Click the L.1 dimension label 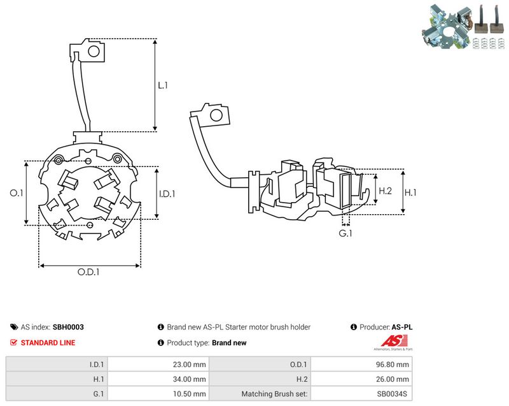click(163, 85)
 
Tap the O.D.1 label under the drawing click(88, 272)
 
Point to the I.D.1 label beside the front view click(167, 194)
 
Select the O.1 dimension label click(17, 193)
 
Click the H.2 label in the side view click(386, 191)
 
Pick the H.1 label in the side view click(410, 192)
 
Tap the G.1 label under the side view click(345, 233)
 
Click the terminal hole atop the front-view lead click(94, 51)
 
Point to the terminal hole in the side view click(216, 115)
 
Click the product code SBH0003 click(68, 327)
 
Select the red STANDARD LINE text click(48, 343)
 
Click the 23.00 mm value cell click(158, 365)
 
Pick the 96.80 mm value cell click(361, 365)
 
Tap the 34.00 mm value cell click(158, 379)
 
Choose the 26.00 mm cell click(361, 379)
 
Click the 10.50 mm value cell click(158, 394)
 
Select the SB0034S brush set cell click(361, 394)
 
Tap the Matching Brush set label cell click(260, 394)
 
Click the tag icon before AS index click(14, 327)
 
